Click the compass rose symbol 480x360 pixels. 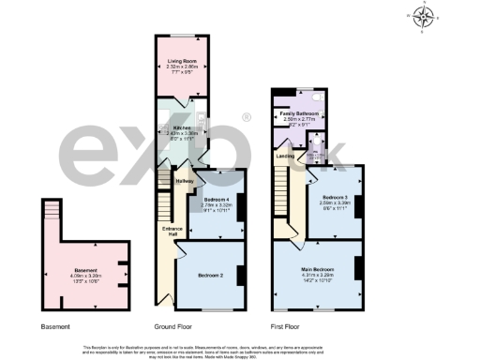pyautogui.click(x=425, y=16)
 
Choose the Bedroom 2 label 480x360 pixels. pyautogui.click(x=211, y=276)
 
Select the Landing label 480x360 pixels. pyautogui.click(x=285, y=157)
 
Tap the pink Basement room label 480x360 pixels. pyautogui.click(x=85, y=270)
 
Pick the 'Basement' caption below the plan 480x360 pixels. pyautogui.click(x=55, y=326)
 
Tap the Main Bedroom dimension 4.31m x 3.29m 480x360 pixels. pyautogui.click(x=320, y=273)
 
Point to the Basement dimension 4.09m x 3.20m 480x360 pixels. pyautogui.click(x=85, y=276)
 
